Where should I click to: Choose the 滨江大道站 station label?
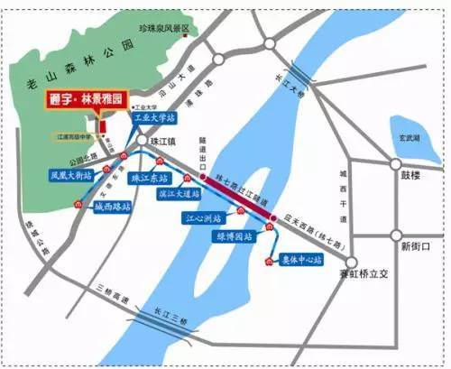pyautogui.click(x=178, y=192)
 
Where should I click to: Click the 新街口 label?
pyautogui.click(x=418, y=246)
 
